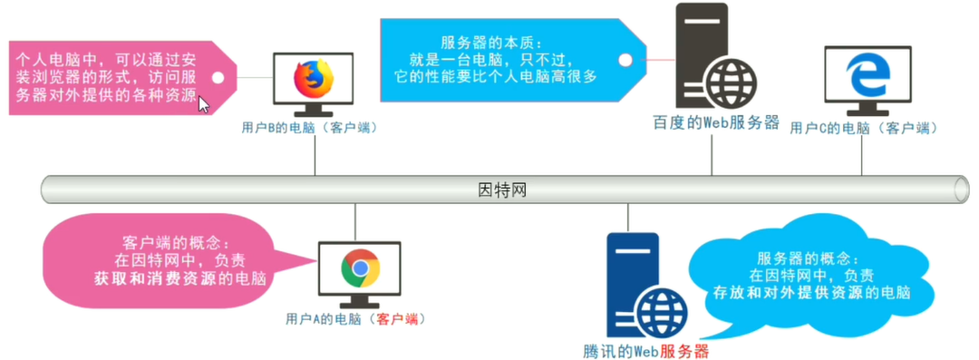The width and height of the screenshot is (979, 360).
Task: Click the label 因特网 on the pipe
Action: (x=501, y=191)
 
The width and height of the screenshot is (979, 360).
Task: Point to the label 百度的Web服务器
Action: (x=715, y=123)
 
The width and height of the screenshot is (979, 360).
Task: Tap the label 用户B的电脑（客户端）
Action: (x=309, y=128)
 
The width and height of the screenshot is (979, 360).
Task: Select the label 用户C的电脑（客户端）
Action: (x=863, y=128)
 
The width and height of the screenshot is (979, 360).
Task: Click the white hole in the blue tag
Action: (x=625, y=60)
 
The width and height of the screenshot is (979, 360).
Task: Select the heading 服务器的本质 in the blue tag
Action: (x=489, y=43)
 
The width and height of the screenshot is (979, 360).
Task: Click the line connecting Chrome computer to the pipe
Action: (x=355, y=223)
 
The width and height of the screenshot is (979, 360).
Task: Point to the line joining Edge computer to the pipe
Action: (x=862, y=156)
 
